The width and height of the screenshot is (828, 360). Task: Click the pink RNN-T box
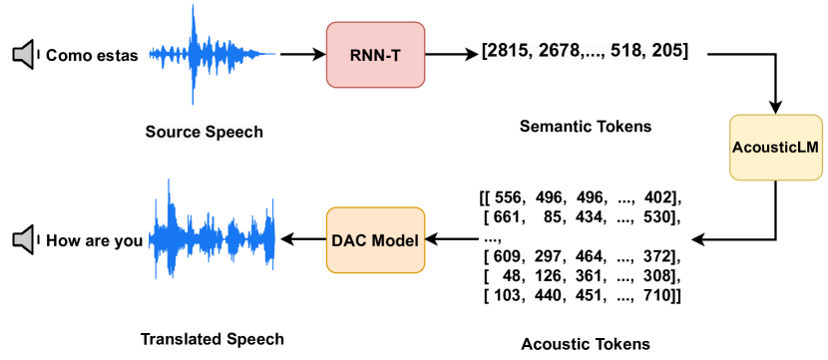[376, 54]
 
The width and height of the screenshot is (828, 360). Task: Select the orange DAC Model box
[375, 240]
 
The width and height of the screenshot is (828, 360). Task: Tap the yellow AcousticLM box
[776, 148]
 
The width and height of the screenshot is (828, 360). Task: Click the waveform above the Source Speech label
[211, 54]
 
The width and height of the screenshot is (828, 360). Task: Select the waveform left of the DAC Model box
[211, 228]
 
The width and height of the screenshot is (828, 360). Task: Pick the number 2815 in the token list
[506, 51]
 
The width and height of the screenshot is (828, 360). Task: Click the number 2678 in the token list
[559, 51]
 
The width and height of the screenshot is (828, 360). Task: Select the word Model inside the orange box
[396, 241]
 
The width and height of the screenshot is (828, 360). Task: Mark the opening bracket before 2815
[483, 51]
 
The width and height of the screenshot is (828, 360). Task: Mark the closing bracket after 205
[686, 51]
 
